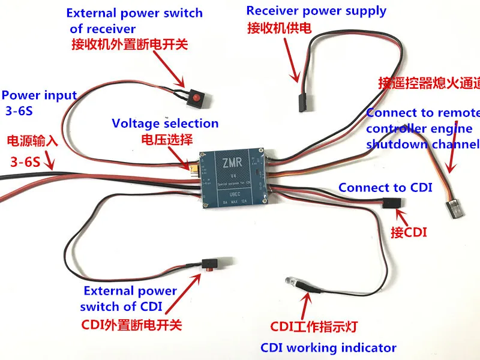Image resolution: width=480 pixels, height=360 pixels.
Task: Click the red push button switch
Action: click(196, 97)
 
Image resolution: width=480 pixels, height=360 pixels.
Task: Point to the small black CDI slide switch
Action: click(209, 264)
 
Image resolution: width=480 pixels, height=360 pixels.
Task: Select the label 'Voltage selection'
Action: click(165, 124)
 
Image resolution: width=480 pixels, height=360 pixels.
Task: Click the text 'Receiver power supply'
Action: click(316, 11)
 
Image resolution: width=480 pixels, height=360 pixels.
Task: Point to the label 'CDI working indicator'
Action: click(328, 347)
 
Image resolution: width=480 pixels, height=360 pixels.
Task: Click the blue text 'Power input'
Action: click(40, 95)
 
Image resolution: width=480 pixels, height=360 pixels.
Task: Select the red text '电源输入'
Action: click(31, 142)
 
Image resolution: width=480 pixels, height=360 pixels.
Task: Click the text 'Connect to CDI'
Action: click(385, 187)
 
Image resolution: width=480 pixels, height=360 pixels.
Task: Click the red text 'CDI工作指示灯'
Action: click(314, 327)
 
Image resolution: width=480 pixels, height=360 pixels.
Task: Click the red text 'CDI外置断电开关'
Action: click(131, 325)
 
